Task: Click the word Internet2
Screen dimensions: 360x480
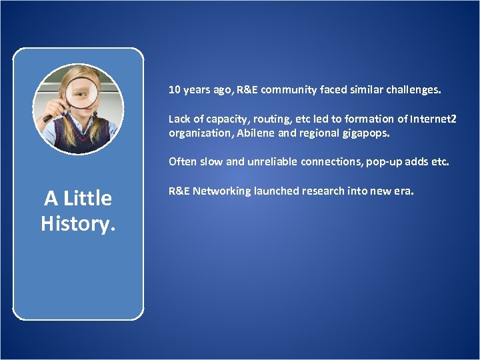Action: (433, 119)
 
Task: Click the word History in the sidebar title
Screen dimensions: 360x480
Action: (77, 224)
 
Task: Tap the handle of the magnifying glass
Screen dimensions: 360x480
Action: (49, 117)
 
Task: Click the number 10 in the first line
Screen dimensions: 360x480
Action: (174, 89)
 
